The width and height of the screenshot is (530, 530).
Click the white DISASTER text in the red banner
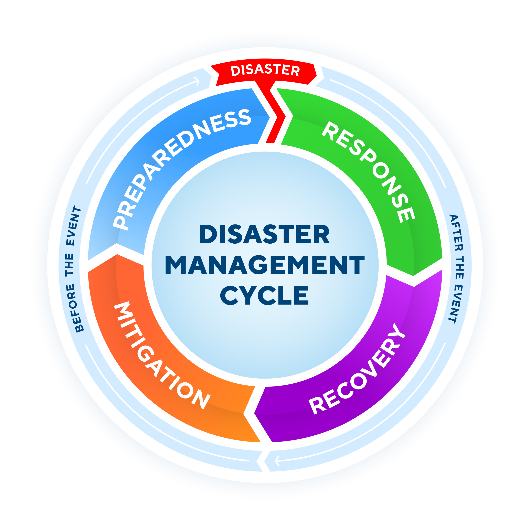(265, 70)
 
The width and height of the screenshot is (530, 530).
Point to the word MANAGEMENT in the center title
(265, 265)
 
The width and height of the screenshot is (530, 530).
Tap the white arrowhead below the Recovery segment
(277, 461)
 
